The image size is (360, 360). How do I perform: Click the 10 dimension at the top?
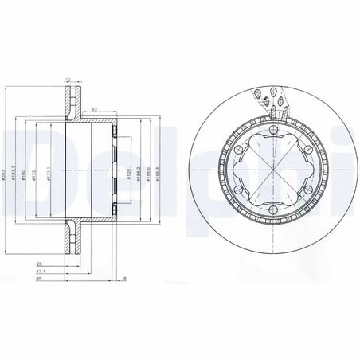(67, 79)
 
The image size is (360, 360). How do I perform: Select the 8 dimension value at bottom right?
(125, 280)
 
